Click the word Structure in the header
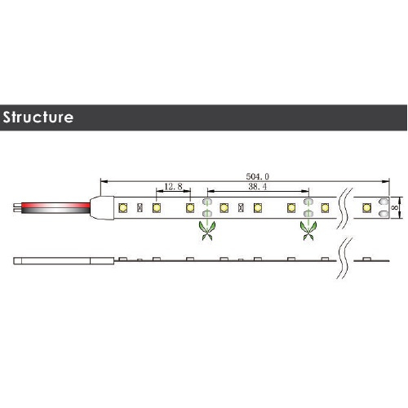click(x=38, y=118)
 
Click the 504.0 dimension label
click(x=257, y=177)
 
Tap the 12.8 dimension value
click(x=173, y=187)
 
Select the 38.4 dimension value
click(x=257, y=187)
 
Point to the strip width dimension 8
click(x=395, y=207)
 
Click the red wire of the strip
click(x=55, y=205)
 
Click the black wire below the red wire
click(x=55, y=211)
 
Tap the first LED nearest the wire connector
click(x=123, y=208)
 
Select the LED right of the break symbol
click(x=366, y=207)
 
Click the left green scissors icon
click(x=207, y=230)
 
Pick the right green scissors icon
click(x=308, y=230)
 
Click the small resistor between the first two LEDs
click(x=140, y=208)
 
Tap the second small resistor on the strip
click(x=241, y=208)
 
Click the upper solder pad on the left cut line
click(x=207, y=202)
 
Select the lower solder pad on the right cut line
click(x=308, y=213)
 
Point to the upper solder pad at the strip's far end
click(x=384, y=202)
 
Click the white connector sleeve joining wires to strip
click(x=102, y=208)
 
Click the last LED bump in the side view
click(x=366, y=259)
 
